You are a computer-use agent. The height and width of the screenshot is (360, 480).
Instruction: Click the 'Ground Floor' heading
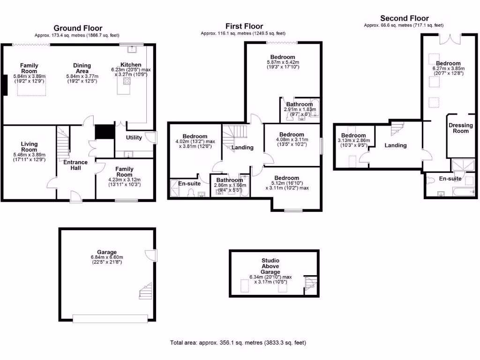(78, 28)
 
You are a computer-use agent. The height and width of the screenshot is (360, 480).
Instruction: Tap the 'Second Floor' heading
(404, 18)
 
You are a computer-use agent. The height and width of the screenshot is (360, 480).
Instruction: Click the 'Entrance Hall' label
(75, 165)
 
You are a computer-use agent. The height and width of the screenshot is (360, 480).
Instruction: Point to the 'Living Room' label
(29, 147)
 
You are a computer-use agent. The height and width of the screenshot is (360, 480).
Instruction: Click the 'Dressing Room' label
(461, 128)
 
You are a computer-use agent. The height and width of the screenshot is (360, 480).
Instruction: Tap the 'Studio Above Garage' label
(270, 266)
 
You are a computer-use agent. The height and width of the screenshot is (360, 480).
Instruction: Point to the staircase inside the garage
(146, 291)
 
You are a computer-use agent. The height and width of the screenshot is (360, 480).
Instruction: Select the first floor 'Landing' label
(242, 147)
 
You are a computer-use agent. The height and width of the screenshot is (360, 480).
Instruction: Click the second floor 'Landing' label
(395, 145)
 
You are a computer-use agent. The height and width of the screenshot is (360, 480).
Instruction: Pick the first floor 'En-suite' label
(189, 183)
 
